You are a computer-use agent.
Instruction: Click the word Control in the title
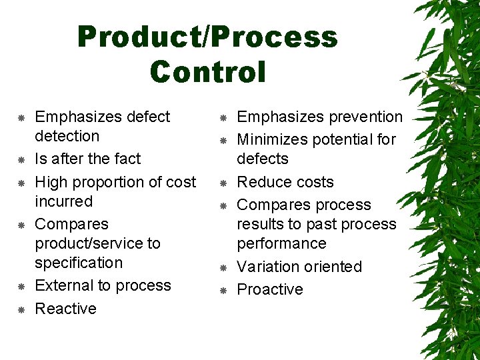(x=207, y=71)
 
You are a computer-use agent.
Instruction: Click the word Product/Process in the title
(x=207, y=37)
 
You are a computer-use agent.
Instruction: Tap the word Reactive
(x=65, y=309)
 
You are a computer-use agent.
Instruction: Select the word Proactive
(x=270, y=289)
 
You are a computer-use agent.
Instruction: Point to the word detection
(x=67, y=136)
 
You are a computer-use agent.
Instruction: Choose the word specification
(x=79, y=263)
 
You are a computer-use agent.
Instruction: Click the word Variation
(x=267, y=267)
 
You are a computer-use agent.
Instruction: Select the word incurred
(x=63, y=201)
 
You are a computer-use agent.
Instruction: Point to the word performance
(x=281, y=243)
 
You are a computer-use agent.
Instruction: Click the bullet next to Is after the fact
(x=21, y=160)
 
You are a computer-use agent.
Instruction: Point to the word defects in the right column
(x=263, y=159)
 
